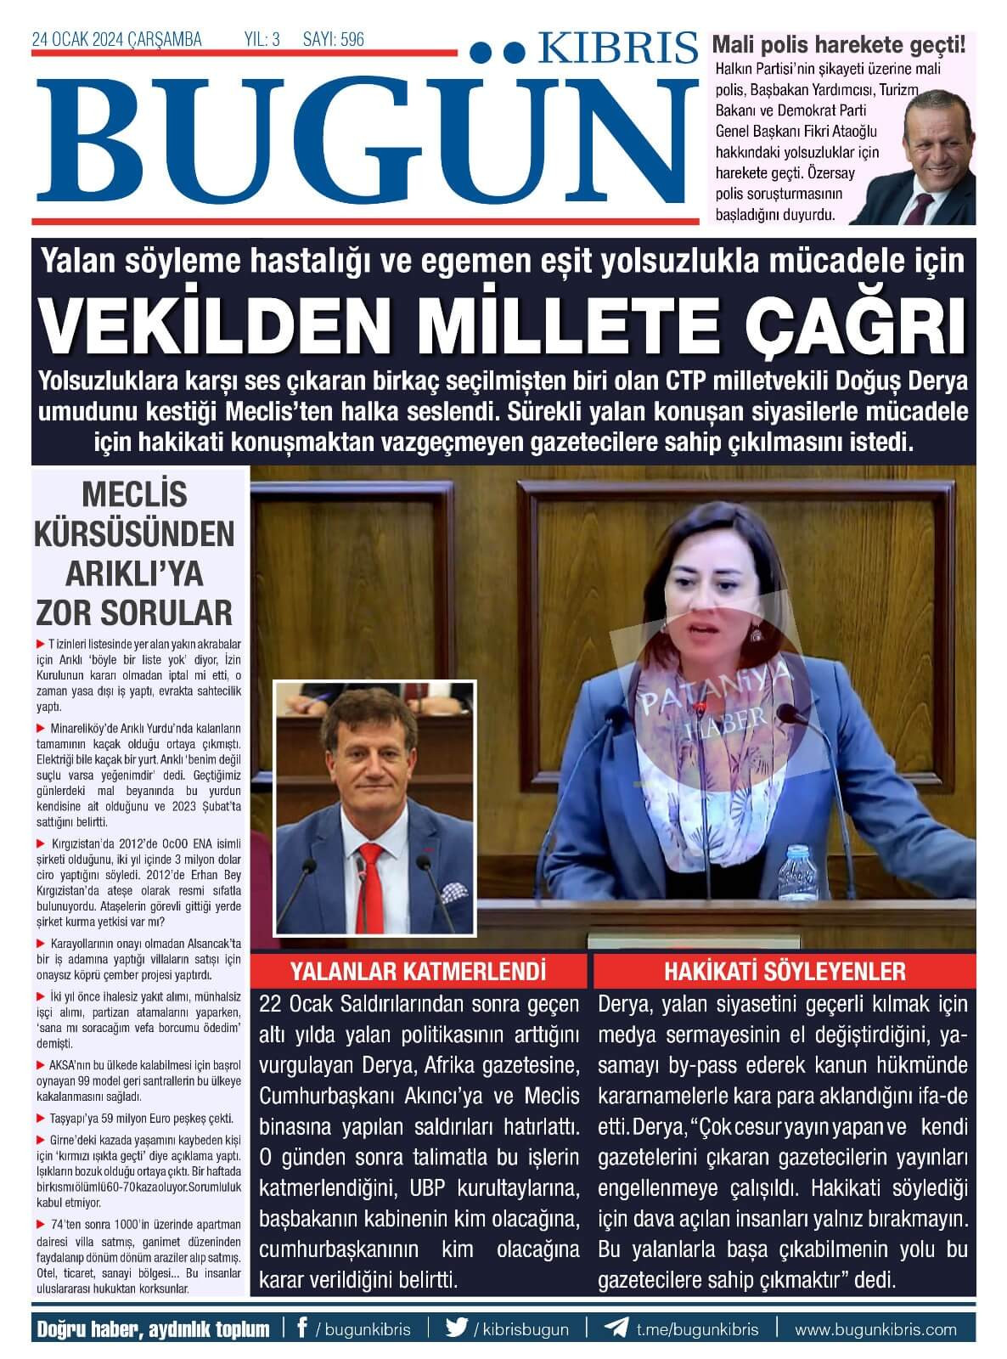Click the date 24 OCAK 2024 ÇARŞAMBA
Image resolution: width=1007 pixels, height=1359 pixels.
pyautogui.click(x=117, y=39)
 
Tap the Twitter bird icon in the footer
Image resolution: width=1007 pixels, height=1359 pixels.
pyautogui.click(x=457, y=1328)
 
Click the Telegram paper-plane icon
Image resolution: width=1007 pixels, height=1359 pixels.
pyautogui.click(x=616, y=1328)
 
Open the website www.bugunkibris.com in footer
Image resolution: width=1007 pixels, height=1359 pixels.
pyautogui.click(x=875, y=1329)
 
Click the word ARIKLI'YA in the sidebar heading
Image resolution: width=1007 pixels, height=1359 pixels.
pyautogui.click(x=135, y=573)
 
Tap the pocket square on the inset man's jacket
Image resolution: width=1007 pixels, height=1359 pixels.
pyautogui.click(x=454, y=893)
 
